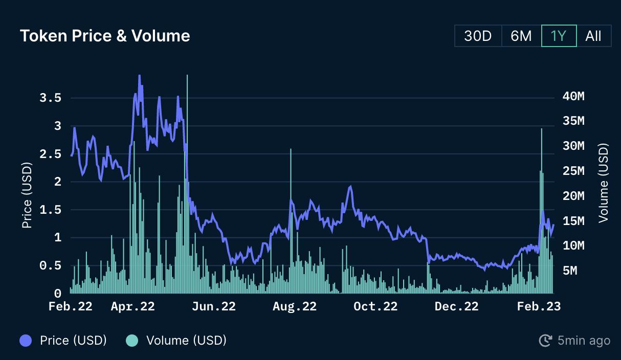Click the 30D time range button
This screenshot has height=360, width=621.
click(x=478, y=36)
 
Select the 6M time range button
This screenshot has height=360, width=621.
click(x=521, y=36)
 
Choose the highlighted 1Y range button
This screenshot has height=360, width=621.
click(x=559, y=36)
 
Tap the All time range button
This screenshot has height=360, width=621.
click(x=593, y=36)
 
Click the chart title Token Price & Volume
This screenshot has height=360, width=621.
click(x=105, y=36)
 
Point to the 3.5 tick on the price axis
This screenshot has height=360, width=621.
click(x=51, y=98)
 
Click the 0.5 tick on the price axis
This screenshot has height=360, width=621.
click(x=51, y=265)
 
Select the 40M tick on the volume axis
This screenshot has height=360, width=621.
click(x=573, y=96)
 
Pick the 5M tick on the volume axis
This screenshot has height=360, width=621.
click(x=570, y=271)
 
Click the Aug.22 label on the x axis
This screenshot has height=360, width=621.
click(x=295, y=306)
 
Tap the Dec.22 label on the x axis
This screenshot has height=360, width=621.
click(x=457, y=306)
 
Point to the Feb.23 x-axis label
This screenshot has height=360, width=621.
click(x=539, y=306)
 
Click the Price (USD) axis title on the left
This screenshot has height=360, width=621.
click(x=27, y=195)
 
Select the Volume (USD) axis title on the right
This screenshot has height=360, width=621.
click(x=603, y=183)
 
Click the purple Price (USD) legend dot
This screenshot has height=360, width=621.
click(x=26, y=341)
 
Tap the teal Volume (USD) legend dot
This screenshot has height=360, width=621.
click(x=132, y=341)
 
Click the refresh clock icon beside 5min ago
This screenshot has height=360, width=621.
click(x=545, y=341)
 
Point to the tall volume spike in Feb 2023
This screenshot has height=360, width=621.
click(x=542, y=211)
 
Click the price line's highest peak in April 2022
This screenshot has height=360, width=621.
click(x=140, y=76)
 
